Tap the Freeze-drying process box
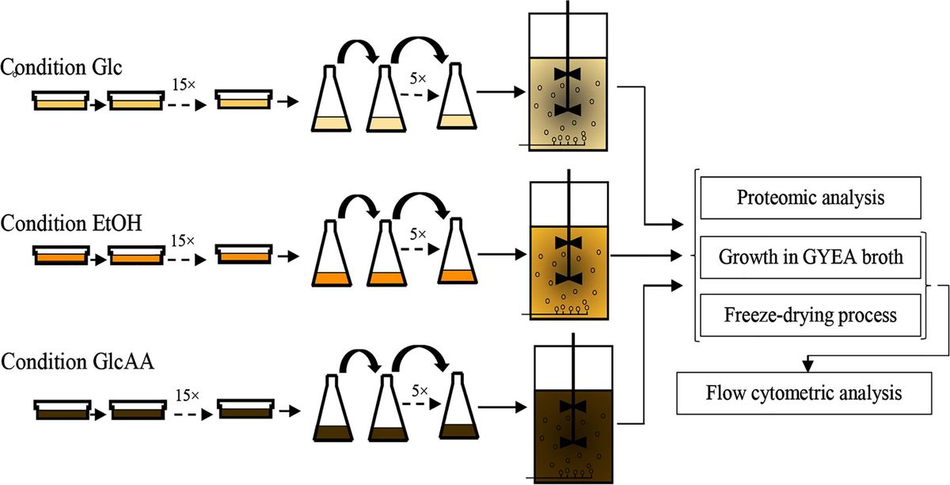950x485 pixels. click(x=810, y=315)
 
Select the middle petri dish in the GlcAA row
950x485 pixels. click(x=139, y=410)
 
